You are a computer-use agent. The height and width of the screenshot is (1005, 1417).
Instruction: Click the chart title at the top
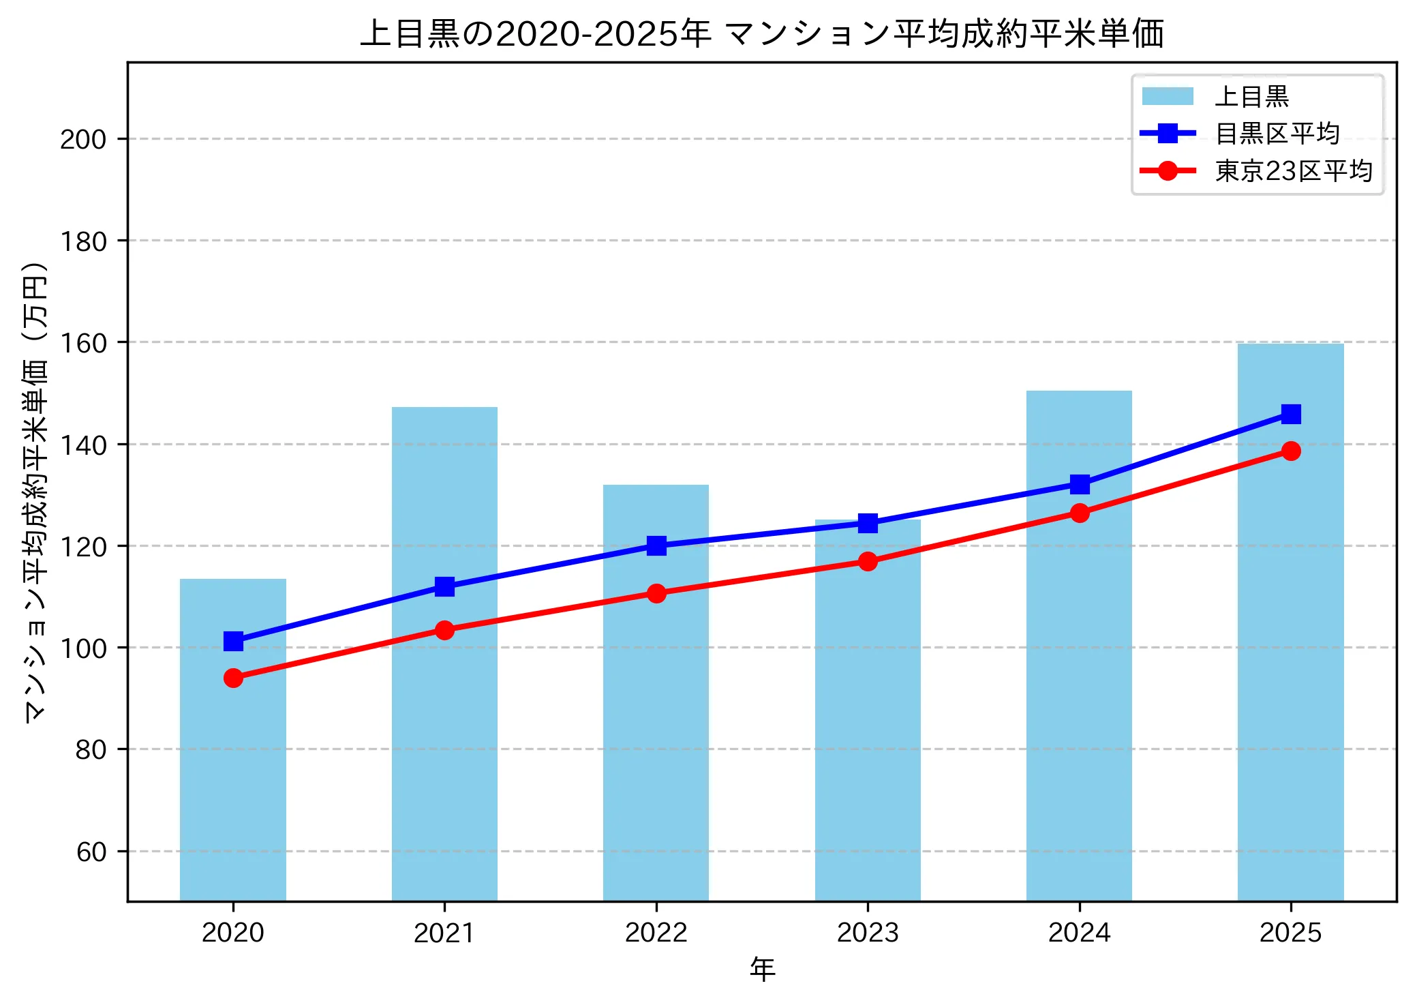(x=762, y=34)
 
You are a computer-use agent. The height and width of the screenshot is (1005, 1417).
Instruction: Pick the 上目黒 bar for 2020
(x=233, y=739)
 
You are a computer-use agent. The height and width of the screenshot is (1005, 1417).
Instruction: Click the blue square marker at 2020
(x=233, y=641)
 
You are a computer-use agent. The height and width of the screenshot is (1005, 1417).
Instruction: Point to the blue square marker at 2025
(x=1290, y=414)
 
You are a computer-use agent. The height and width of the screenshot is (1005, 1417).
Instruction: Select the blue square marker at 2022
(x=656, y=545)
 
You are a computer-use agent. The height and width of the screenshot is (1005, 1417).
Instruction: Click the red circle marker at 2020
(x=233, y=678)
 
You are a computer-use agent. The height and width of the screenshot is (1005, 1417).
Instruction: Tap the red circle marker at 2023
(x=868, y=561)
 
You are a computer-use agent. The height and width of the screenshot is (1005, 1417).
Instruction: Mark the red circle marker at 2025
(x=1290, y=451)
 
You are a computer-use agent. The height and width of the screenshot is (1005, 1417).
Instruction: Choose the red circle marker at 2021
(x=444, y=630)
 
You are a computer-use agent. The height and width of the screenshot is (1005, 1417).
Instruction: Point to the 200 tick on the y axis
(x=83, y=140)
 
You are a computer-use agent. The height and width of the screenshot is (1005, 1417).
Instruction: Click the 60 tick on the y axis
(x=91, y=852)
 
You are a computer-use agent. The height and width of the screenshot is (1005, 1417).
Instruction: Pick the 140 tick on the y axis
(x=83, y=445)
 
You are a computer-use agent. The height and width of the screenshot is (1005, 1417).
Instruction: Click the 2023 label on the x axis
(x=868, y=933)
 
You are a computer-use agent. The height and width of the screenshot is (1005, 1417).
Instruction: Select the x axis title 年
(x=762, y=970)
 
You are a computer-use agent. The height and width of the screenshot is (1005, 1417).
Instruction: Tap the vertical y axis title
(x=35, y=491)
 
